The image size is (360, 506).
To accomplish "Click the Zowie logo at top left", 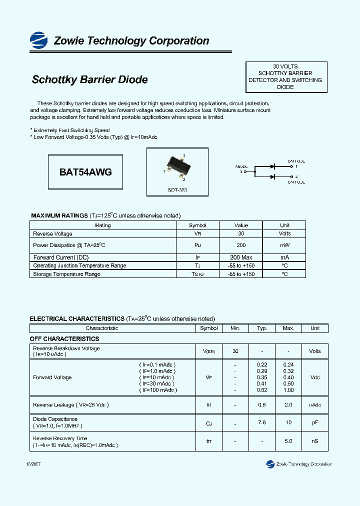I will pos(39,39).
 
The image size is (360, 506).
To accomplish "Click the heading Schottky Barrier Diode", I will pos(89,79).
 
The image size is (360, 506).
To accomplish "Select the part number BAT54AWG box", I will pos(85,172).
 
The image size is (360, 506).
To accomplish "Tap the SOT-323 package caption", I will pos(177,190).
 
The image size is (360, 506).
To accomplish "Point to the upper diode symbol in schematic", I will pos(272,166).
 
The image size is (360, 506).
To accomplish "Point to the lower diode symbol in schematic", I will pos(272,176).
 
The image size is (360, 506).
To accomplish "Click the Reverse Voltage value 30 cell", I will pos(241,233).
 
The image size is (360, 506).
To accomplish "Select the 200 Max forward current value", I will pos(241,257).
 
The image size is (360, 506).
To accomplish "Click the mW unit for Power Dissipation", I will pos(284,245).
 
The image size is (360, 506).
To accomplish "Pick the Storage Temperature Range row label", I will pos(66,274).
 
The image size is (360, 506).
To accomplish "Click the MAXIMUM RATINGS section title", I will pos(59,215).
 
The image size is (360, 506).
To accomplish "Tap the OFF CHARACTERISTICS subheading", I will pos(64,338).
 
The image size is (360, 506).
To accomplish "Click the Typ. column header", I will pos(262,328).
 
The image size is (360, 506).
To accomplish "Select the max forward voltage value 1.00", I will pos(288,390).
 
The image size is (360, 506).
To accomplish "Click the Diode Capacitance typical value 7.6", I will pos(262,422).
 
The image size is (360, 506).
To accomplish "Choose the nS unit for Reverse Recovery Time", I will pos(314,441).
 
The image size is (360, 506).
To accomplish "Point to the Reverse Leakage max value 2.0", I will pos(288,404).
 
